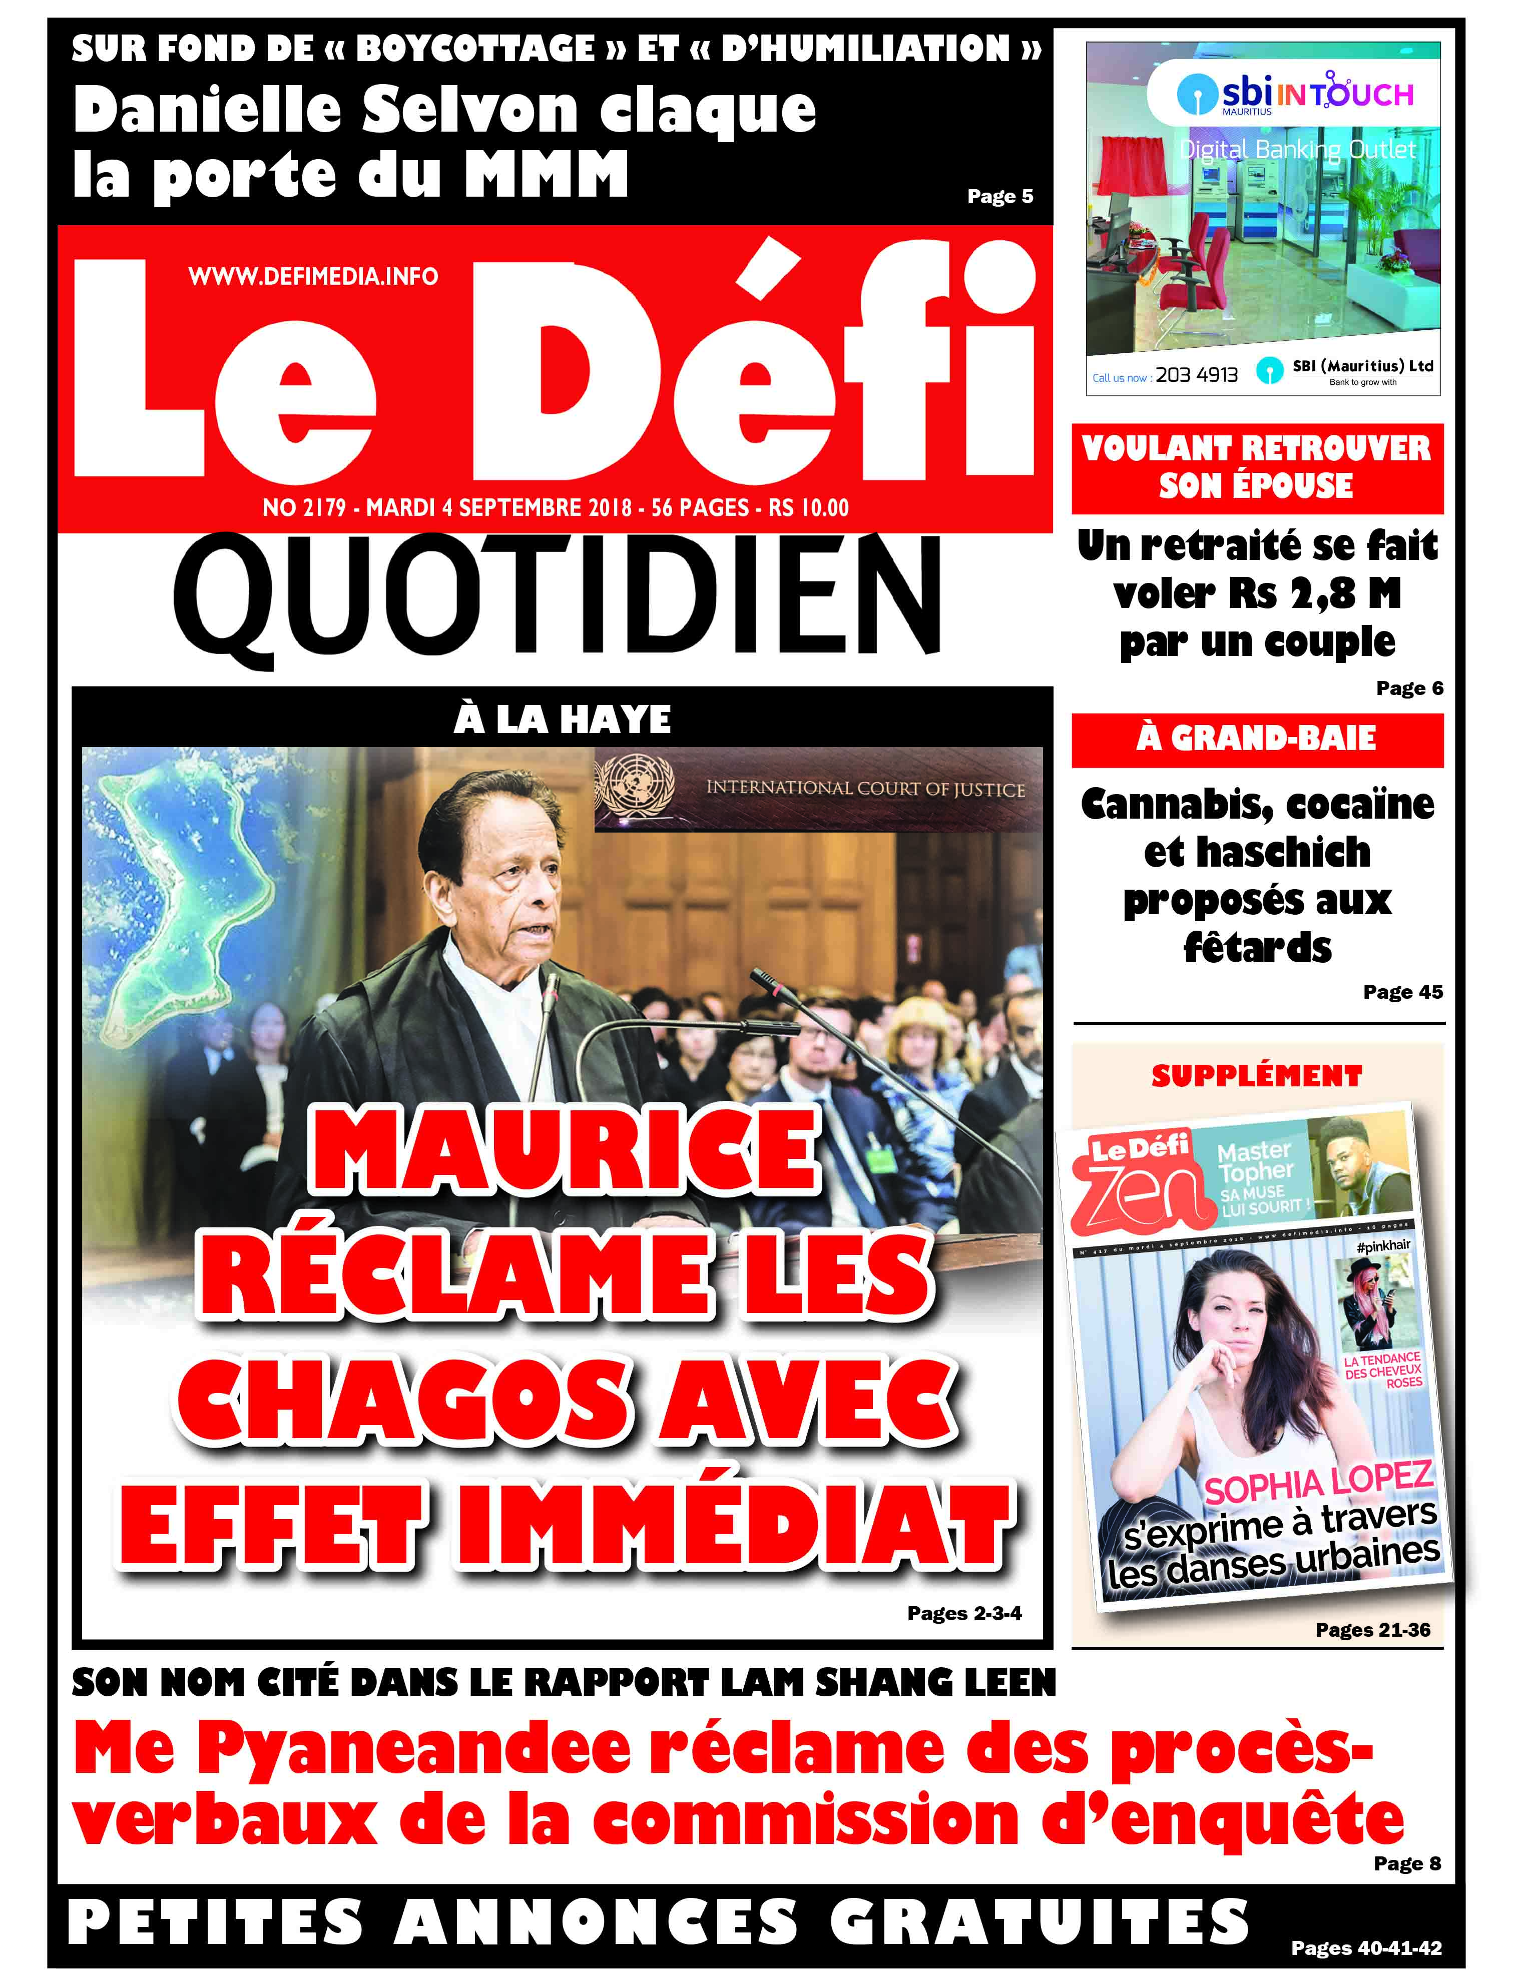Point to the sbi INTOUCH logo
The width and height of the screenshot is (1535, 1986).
[1294, 95]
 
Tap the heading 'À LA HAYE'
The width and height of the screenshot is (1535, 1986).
[562, 719]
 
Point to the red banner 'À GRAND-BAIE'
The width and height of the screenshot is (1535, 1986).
[1257, 739]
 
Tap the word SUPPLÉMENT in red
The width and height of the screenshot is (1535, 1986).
[1257, 1076]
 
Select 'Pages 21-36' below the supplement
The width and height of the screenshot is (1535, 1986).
[1372, 1630]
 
